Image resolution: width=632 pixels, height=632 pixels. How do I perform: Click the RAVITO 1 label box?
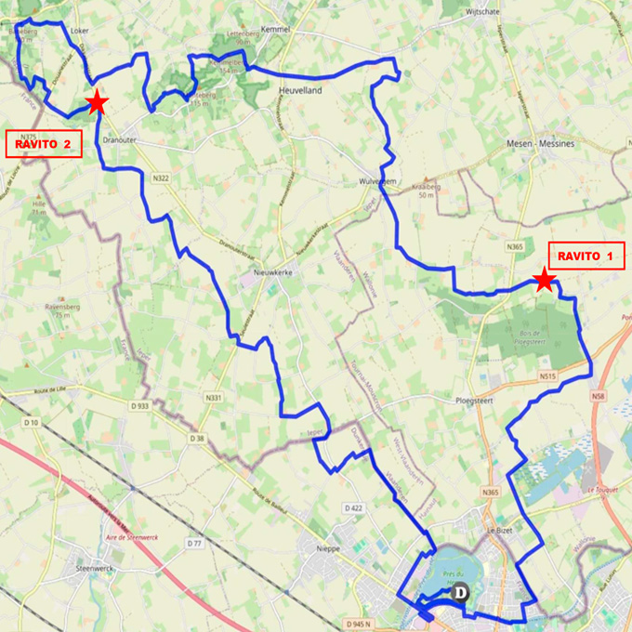[586, 256]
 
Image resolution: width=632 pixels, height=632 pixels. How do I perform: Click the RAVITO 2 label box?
[44, 144]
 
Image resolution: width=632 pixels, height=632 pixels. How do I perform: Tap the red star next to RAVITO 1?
[544, 280]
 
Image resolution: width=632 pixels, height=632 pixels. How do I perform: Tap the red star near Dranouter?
[96, 102]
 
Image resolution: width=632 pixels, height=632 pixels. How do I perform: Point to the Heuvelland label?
[300, 89]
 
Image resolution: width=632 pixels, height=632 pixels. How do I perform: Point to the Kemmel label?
[278, 30]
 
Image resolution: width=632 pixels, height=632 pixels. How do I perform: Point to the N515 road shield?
[546, 376]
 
